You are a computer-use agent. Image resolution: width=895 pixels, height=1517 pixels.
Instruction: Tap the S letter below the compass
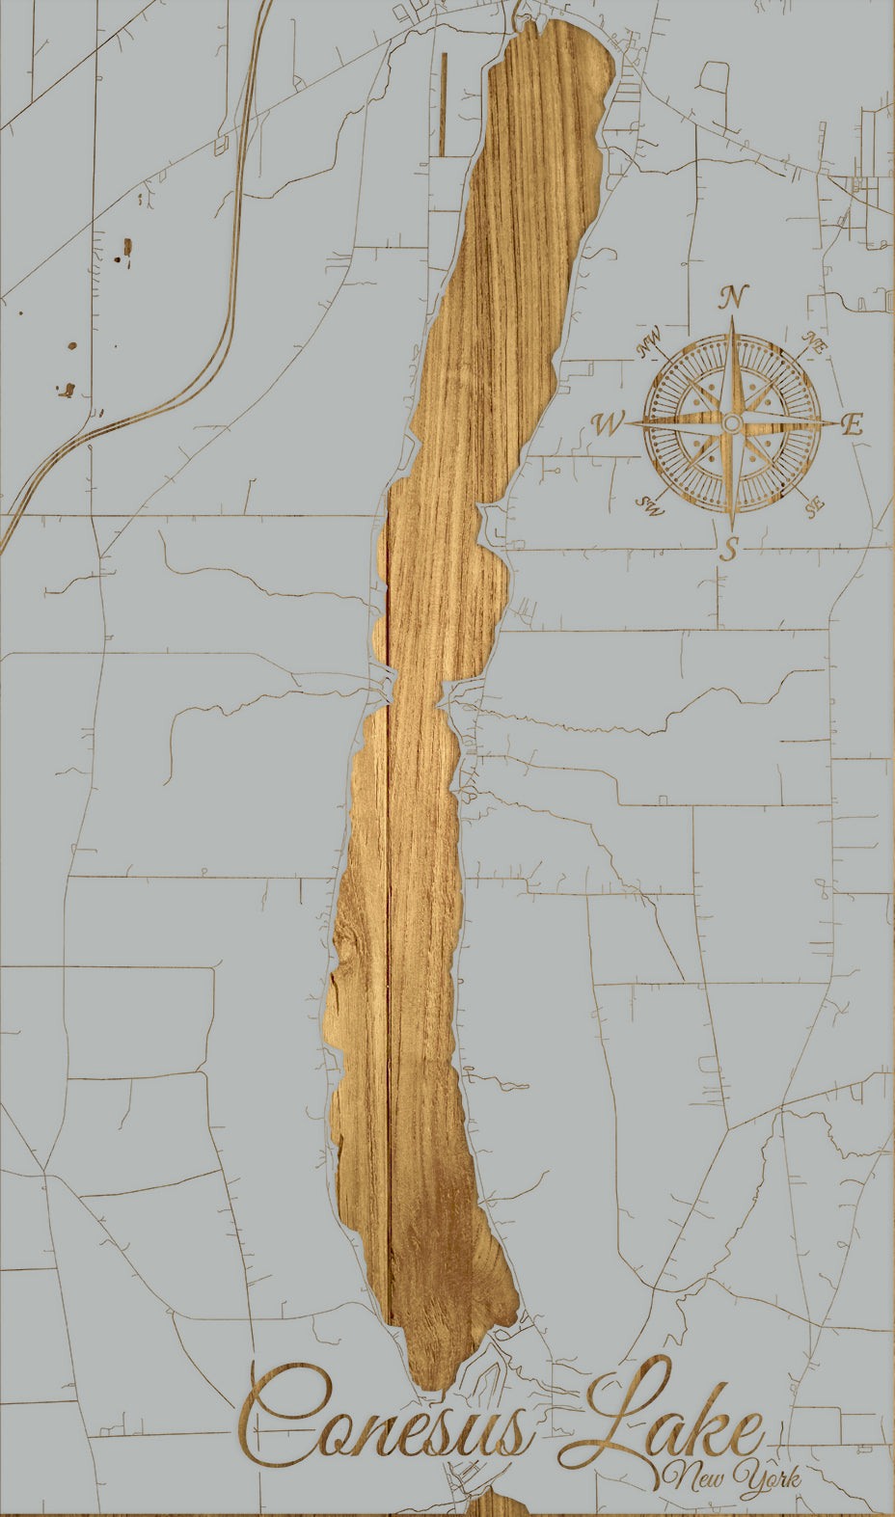[731, 549]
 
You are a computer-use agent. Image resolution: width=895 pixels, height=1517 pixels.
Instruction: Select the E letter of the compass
[852, 424]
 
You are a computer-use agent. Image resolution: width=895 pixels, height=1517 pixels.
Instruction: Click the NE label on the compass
[815, 342]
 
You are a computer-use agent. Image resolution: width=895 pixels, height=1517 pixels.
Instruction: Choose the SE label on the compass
[815, 504]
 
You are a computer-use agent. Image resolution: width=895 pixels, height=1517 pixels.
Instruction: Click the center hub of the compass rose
[732, 423]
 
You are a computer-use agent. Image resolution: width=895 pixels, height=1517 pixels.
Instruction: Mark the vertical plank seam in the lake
[388, 964]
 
